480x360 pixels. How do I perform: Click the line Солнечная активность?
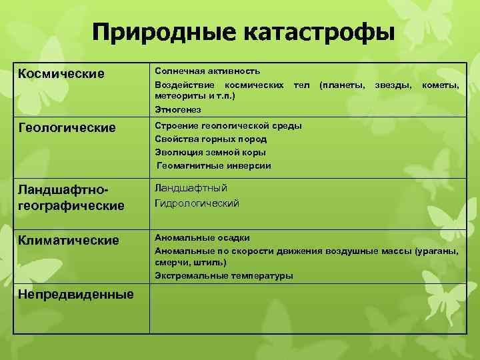pos(207,70)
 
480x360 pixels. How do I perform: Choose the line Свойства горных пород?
pos(211,139)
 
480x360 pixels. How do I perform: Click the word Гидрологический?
pos(197,203)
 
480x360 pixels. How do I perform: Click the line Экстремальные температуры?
pos(223,275)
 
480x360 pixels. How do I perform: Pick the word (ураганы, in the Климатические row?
pos(436,251)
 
